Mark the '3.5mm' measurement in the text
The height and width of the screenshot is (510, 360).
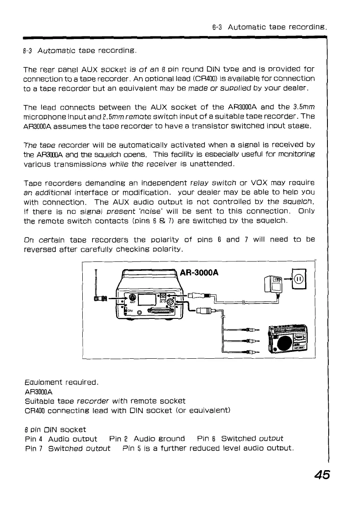302,107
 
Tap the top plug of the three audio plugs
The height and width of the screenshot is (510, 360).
253,329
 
